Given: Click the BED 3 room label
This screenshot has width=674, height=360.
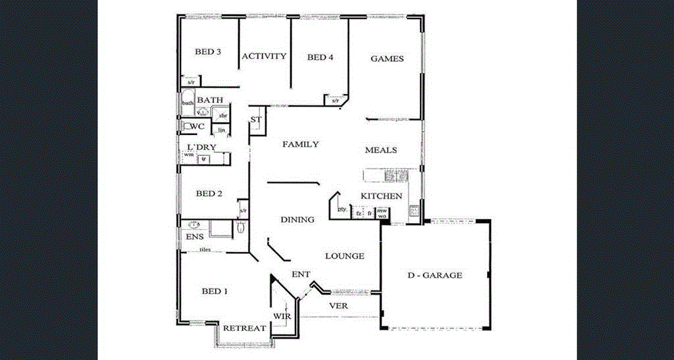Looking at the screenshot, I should pos(208,52).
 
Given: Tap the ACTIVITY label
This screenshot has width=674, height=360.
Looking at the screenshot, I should pos(264,56).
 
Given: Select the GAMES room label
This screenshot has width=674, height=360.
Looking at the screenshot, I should pos(387,59).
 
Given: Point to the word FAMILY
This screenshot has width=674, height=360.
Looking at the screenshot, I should pos(301,144).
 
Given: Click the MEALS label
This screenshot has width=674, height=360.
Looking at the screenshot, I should pos(381,150).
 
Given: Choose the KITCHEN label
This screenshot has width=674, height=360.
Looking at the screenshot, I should pos(381,196).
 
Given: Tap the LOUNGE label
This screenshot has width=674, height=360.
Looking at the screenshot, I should pos(345,256).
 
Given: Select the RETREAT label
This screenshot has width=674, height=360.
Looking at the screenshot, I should pos(244,328).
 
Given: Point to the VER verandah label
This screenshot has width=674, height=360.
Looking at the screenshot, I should pos(338,306).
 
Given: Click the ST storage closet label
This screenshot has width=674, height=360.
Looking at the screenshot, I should pos(257,120).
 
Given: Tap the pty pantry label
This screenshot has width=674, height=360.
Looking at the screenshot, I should pos(342,209).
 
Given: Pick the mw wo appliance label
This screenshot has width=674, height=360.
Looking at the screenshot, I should pos(382,213).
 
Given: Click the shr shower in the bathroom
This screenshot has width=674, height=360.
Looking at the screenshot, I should pos(223,115).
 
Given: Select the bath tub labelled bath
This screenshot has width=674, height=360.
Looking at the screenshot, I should pos(188,103).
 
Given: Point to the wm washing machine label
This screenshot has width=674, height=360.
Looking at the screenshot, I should pos(189,155).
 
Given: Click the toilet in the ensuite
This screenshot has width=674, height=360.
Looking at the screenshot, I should pos(240,228).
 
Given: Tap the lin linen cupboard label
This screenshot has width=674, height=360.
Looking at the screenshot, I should pos(222,130).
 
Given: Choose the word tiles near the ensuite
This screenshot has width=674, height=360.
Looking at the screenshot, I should pos(205,250).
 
